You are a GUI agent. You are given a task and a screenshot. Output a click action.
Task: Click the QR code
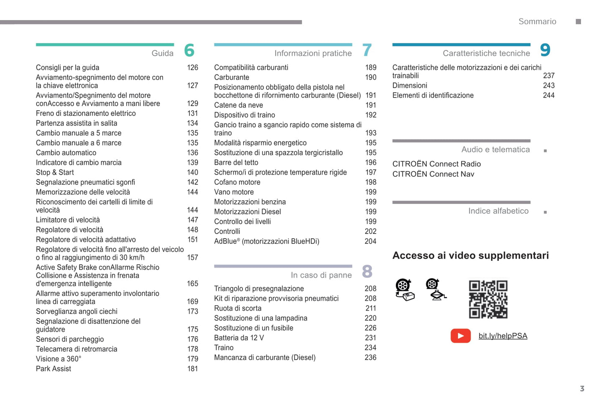(x=488, y=299)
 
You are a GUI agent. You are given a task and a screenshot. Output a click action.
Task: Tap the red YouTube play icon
(x=460, y=336)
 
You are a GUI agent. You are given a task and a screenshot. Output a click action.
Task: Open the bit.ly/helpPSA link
(x=502, y=336)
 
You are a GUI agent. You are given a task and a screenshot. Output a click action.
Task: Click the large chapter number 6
(x=189, y=51)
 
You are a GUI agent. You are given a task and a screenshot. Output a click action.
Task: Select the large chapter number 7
(x=367, y=51)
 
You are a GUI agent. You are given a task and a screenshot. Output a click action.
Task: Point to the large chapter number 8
(x=367, y=272)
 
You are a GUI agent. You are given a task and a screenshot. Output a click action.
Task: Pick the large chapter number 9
(x=545, y=50)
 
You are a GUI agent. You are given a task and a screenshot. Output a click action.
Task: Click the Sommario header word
(x=537, y=21)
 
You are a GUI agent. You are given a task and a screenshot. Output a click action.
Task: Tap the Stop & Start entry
(x=55, y=172)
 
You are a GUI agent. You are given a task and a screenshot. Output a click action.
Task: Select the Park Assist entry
(x=54, y=369)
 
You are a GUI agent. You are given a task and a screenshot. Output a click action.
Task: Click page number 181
(x=192, y=369)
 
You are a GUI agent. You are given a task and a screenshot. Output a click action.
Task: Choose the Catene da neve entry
(x=238, y=105)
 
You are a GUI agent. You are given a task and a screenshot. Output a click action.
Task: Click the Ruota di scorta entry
(x=237, y=308)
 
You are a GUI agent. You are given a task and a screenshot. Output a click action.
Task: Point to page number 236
(x=370, y=357)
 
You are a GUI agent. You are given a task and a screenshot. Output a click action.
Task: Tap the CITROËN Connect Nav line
(x=433, y=174)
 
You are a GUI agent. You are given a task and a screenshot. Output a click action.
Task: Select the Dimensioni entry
(x=410, y=85)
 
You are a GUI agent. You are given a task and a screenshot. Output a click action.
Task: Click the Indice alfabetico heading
(x=498, y=211)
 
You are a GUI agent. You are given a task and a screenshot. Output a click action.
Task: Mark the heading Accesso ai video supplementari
(x=470, y=255)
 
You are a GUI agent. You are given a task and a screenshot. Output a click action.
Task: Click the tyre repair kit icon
(x=405, y=290)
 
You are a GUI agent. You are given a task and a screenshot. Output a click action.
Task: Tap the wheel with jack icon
(x=436, y=290)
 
